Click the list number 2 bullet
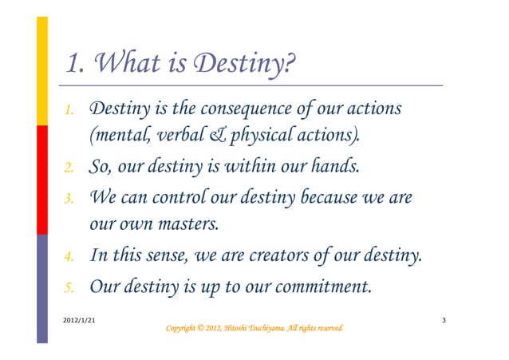tap(69, 168)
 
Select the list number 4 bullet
tap(69, 258)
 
